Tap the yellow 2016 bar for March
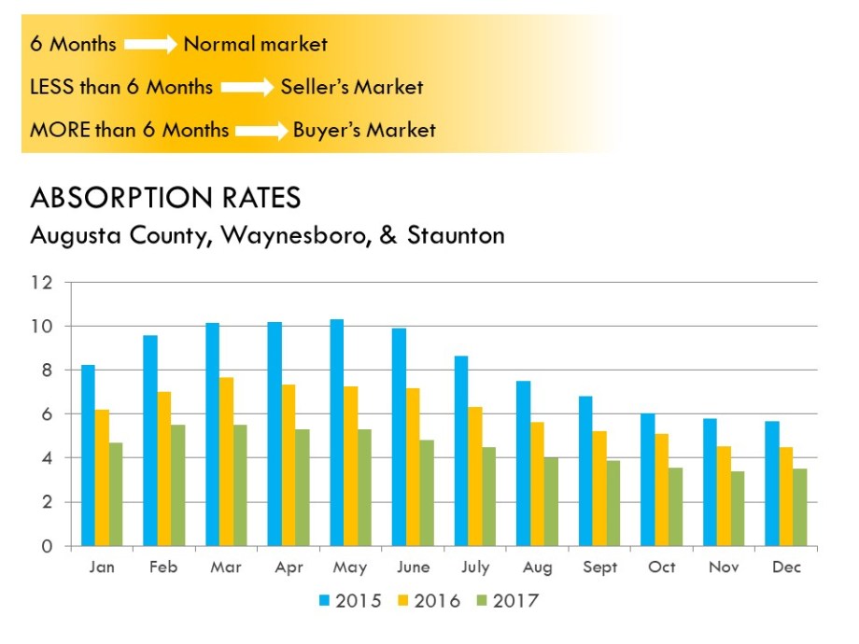(x=226, y=461)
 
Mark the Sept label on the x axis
(x=599, y=567)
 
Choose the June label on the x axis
(x=413, y=567)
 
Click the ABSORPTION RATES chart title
(x=165, y=198)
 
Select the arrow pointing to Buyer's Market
(x=261, y=131)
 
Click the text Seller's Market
(x=351, y=87)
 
